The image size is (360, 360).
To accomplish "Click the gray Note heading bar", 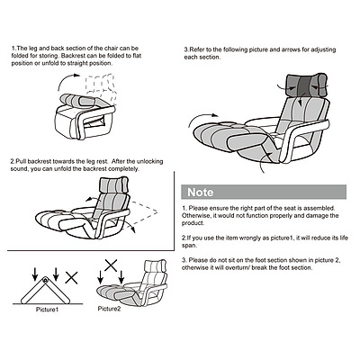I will click(263, 192).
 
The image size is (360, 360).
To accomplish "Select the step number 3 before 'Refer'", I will click(186, 49).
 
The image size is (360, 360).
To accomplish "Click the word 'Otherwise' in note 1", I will click(201, 215).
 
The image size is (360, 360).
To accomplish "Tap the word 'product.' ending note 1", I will click(197, 223).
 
